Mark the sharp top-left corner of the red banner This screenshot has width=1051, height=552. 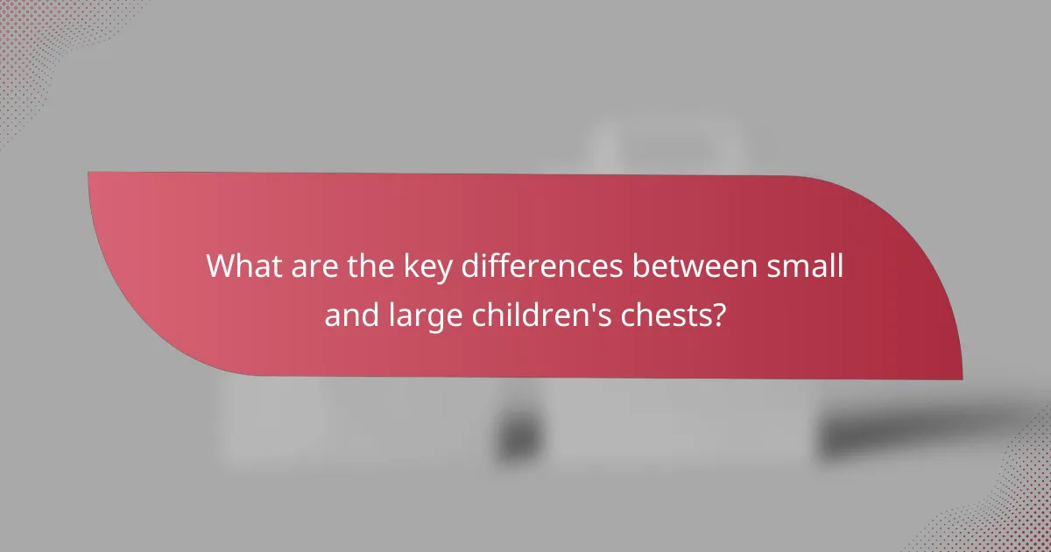[x=90, y=173]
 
